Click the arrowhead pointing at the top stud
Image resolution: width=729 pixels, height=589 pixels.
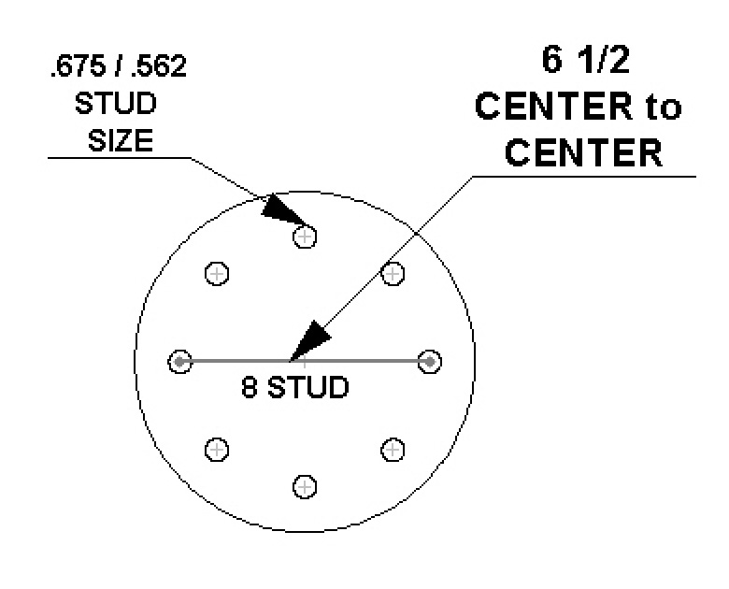(282, 211)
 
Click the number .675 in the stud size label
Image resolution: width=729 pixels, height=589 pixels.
(78, 66)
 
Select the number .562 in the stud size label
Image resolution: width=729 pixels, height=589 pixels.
(159, 66)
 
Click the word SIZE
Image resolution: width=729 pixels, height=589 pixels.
(121, 140)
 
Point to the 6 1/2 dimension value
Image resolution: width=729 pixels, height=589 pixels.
(585, 60)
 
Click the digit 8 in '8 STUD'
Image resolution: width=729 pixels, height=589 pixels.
(250, 387)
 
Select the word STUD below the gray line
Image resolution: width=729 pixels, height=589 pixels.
(307, 387)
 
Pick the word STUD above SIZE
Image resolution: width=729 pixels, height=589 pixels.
(116, 103)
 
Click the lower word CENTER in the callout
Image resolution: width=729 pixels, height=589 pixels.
(583, 152)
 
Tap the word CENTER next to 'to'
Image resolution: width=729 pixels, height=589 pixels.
(553, 107)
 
